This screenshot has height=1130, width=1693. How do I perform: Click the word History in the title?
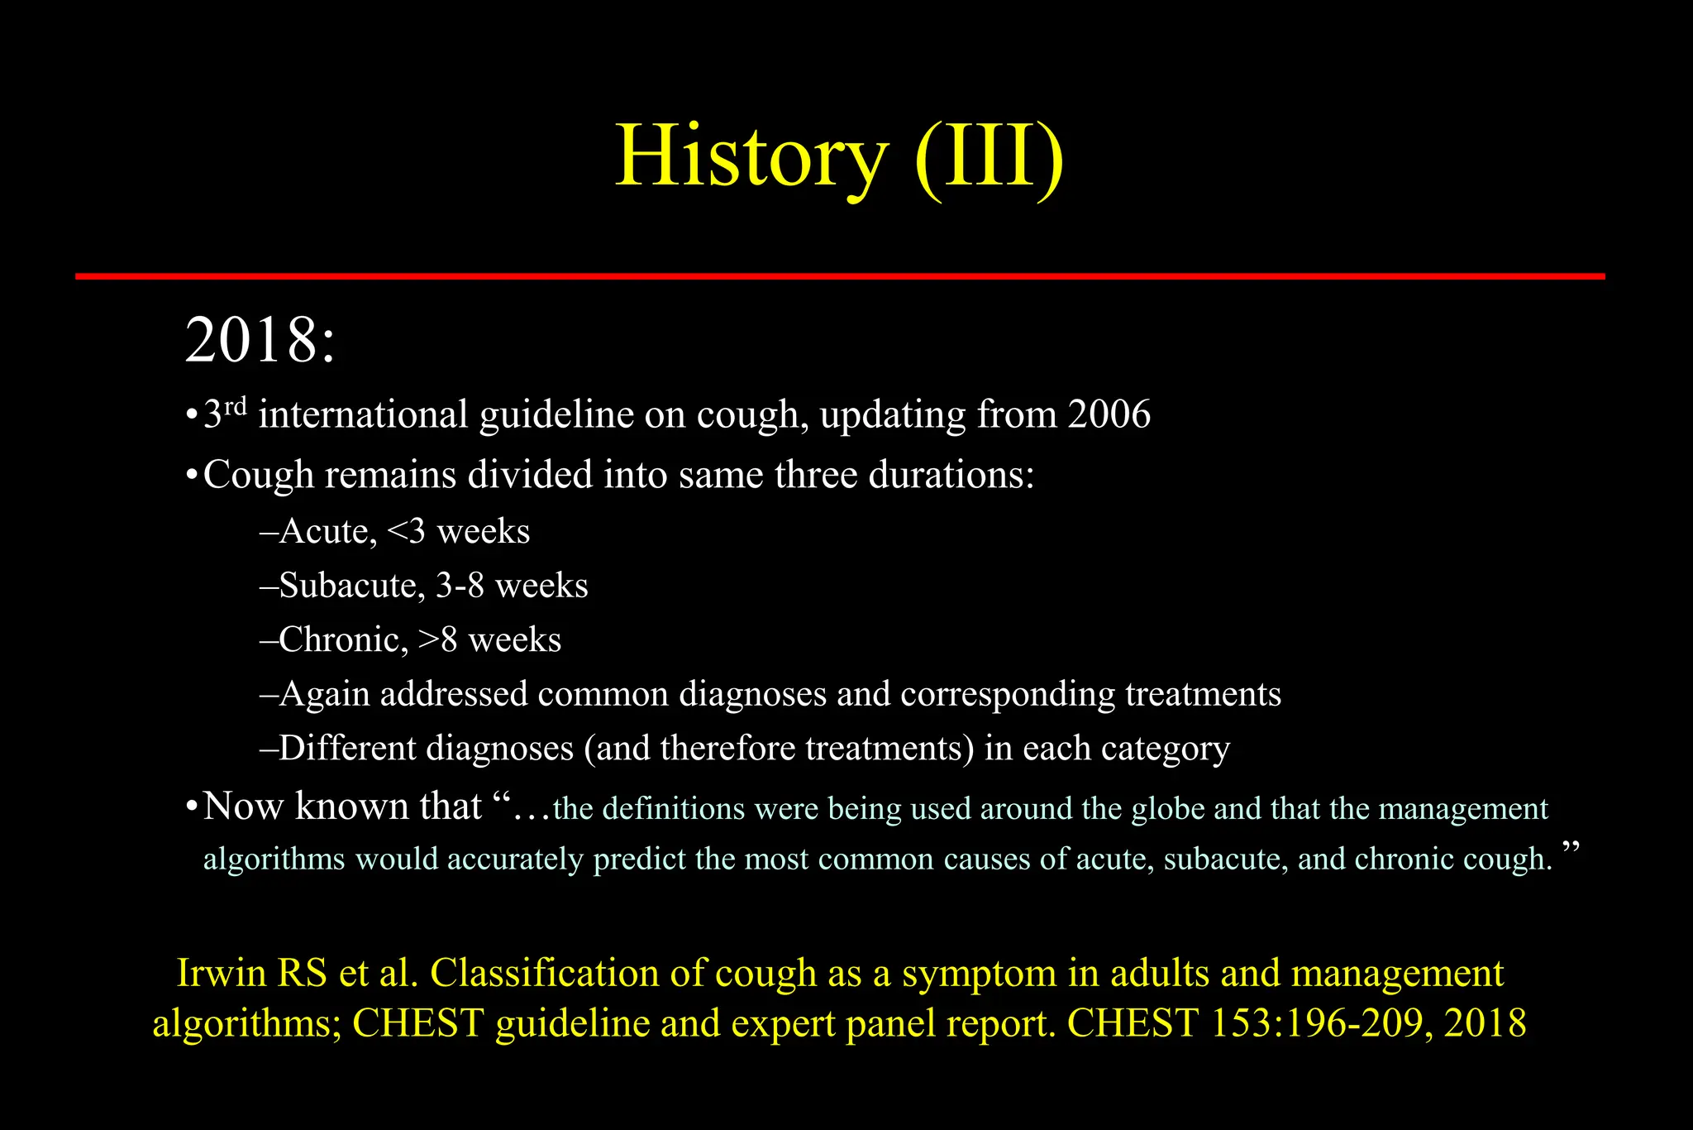(x=751, y=157)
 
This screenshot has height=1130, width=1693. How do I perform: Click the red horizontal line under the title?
(x=839, y=276)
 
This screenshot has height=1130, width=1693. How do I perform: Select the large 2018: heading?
(x=260, y=341)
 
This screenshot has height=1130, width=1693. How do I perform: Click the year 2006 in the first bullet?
(x=1109, y=414)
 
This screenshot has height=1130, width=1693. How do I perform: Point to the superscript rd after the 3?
(x=236, y=405)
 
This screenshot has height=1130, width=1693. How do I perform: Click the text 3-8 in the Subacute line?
(x=460, y=586)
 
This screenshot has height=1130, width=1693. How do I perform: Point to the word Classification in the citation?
(x=544, y=974)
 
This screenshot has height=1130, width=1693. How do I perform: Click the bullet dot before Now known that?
(x=191, y=807)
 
